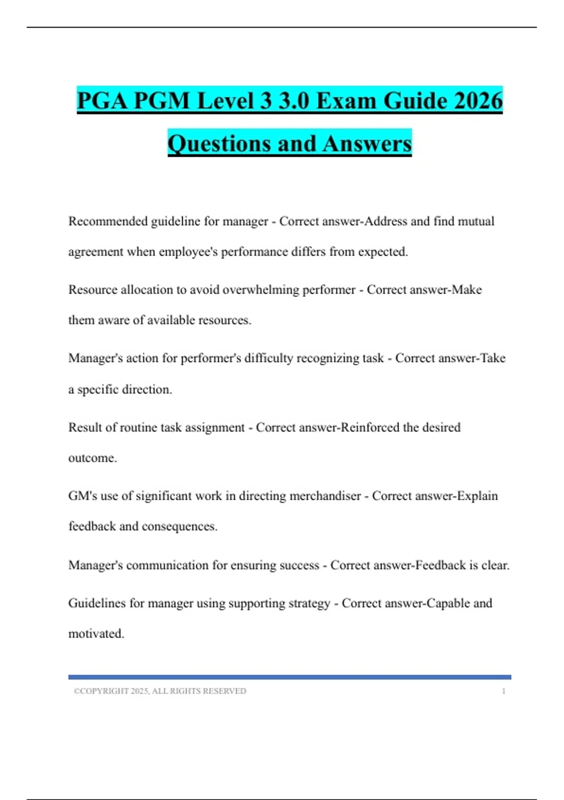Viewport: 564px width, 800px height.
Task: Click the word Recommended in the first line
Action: click(x=108, y=221)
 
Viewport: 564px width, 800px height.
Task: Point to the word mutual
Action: click(x=476, y=221)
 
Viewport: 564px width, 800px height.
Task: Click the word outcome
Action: click(x=92, y=458)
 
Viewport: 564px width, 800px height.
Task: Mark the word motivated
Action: click(x=96, y=634)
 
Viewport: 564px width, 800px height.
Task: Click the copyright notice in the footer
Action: click(x=160, y=691)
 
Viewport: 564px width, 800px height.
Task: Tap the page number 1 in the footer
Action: click(x=503, y=691)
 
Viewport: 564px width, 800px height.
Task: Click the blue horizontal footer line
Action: click(x=290, y=677)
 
